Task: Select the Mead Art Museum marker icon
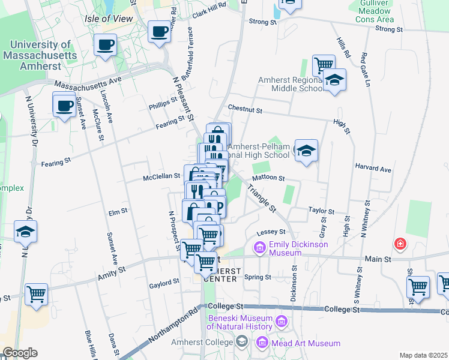[x=262, y=343]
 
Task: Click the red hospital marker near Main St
[x=400, y=244]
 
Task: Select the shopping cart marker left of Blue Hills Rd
[x=37, y=295]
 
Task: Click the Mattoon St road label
[x=268, y=178]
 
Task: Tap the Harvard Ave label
[x=373, y=170]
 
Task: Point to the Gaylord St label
[x=164, y=281]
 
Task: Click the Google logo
[x=19, y=353]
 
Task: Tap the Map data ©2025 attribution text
[x=423, y=355]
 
